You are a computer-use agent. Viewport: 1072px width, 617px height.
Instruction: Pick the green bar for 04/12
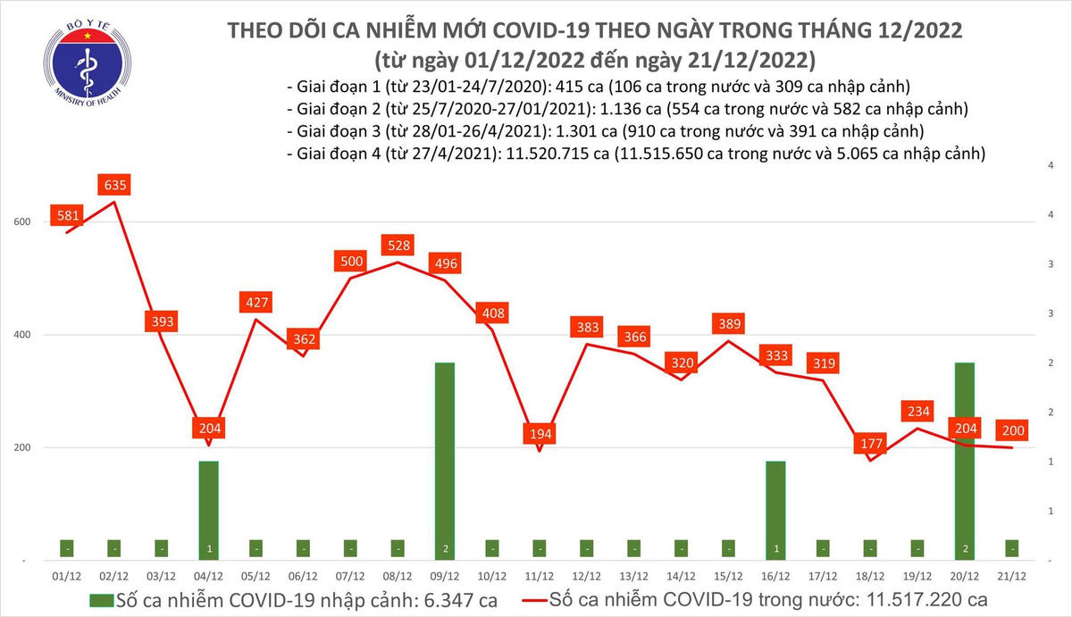click(x=209, y=510)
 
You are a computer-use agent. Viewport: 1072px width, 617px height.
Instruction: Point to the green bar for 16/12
click(x=776, y=510)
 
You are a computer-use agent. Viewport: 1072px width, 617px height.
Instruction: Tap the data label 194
click(x=539, y=434)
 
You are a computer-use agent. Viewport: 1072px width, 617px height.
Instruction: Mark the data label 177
click(x=869, y=444)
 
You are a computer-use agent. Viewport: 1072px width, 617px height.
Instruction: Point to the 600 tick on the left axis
click(x=24, y=222)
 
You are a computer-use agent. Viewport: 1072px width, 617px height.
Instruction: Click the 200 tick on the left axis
click(x=24, y=447)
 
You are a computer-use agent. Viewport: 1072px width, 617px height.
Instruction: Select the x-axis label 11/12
click(x=539, y=576)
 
